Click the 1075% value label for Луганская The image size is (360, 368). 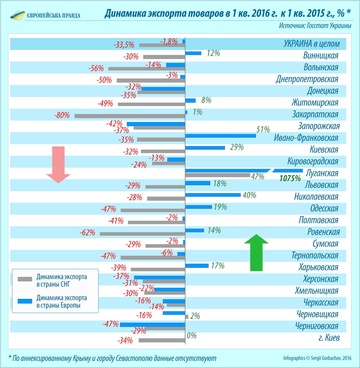(290, 179)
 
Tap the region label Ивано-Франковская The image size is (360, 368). (306, 138)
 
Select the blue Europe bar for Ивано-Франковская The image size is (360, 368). (220, 136)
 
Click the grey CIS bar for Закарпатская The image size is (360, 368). (130, 116)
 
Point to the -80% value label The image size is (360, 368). (62, 115)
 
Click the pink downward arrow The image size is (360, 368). (58, 164)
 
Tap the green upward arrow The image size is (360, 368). (256, 253)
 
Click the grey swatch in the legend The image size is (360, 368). (25, 279)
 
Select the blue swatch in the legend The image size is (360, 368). (25, 301)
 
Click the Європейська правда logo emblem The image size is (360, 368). (17, 15)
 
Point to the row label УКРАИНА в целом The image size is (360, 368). (312, 44)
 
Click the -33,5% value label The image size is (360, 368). (124, 45)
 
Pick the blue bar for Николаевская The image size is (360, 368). (213, 195)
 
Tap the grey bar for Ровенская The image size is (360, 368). (142, 234)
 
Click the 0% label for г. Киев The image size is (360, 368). (192, 335)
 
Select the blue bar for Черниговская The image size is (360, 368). (152, 325)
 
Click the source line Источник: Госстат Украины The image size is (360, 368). (315, 26)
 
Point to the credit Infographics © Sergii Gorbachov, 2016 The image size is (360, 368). (317, 358)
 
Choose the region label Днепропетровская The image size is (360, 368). (307, 79)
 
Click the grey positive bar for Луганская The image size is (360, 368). (217, 175)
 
